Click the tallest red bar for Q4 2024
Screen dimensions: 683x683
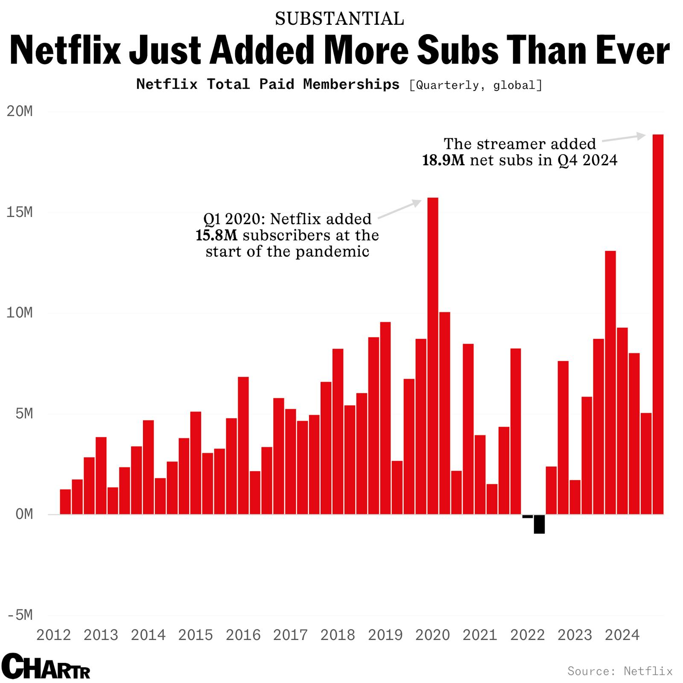point(658,324)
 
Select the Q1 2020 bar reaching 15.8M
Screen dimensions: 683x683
point(432,356)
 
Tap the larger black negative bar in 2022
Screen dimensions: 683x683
point(539,524)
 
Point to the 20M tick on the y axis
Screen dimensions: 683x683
point(20,111)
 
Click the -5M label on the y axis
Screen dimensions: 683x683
point(20,615)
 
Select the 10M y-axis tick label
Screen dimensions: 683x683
point(20,313)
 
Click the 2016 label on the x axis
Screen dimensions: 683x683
point(243,635)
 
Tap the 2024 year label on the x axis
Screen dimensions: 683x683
point(622,635)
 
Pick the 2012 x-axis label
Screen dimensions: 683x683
point(53,635)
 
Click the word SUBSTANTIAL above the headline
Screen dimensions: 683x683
point(339,19)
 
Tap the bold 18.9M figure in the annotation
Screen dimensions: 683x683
point(443,161)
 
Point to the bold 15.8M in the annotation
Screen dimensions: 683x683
point(216,235)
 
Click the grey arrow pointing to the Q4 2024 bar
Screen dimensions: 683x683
point(624,138)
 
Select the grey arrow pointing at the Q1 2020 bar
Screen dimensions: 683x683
point(400,209)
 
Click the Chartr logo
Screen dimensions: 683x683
point(46,666)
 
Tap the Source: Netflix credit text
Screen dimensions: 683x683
point(620,671)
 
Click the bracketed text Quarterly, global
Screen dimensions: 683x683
point(476,85)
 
